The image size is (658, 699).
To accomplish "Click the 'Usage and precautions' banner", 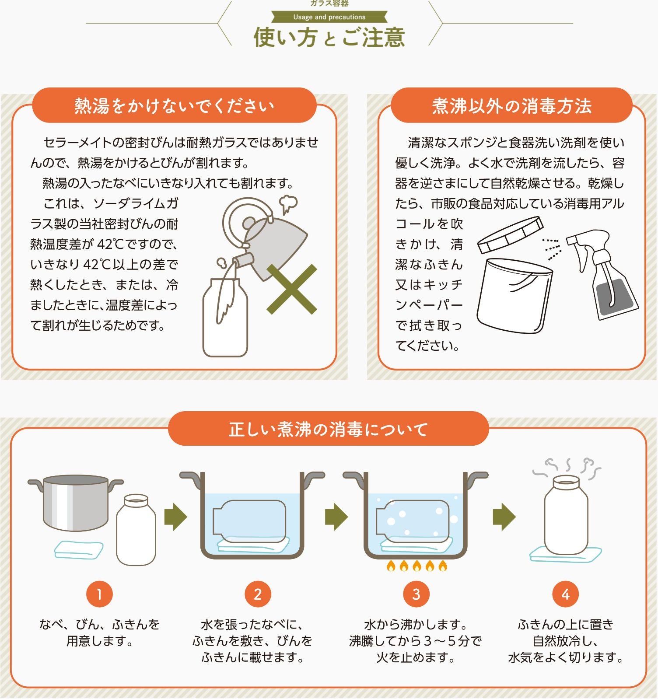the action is (329, 17).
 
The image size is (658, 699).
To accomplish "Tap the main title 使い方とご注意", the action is (329, 37).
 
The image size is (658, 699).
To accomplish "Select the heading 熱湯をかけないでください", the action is (174, 106).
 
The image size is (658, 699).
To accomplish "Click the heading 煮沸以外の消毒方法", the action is (511, 106).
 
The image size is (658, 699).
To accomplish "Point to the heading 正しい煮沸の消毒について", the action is (328, 429).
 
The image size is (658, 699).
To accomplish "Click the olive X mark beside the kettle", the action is (292, 289).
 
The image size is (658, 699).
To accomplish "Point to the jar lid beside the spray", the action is (510, 235).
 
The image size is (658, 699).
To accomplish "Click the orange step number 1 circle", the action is (99, 594).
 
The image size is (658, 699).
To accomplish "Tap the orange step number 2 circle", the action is (258, 594).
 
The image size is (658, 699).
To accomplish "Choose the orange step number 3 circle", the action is (416, 594).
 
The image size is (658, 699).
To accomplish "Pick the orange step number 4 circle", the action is (565, 594).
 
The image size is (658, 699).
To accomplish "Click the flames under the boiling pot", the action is (417, 566).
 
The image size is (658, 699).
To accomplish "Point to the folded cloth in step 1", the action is (79, 550).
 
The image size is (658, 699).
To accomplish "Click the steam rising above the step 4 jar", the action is (567, 468).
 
